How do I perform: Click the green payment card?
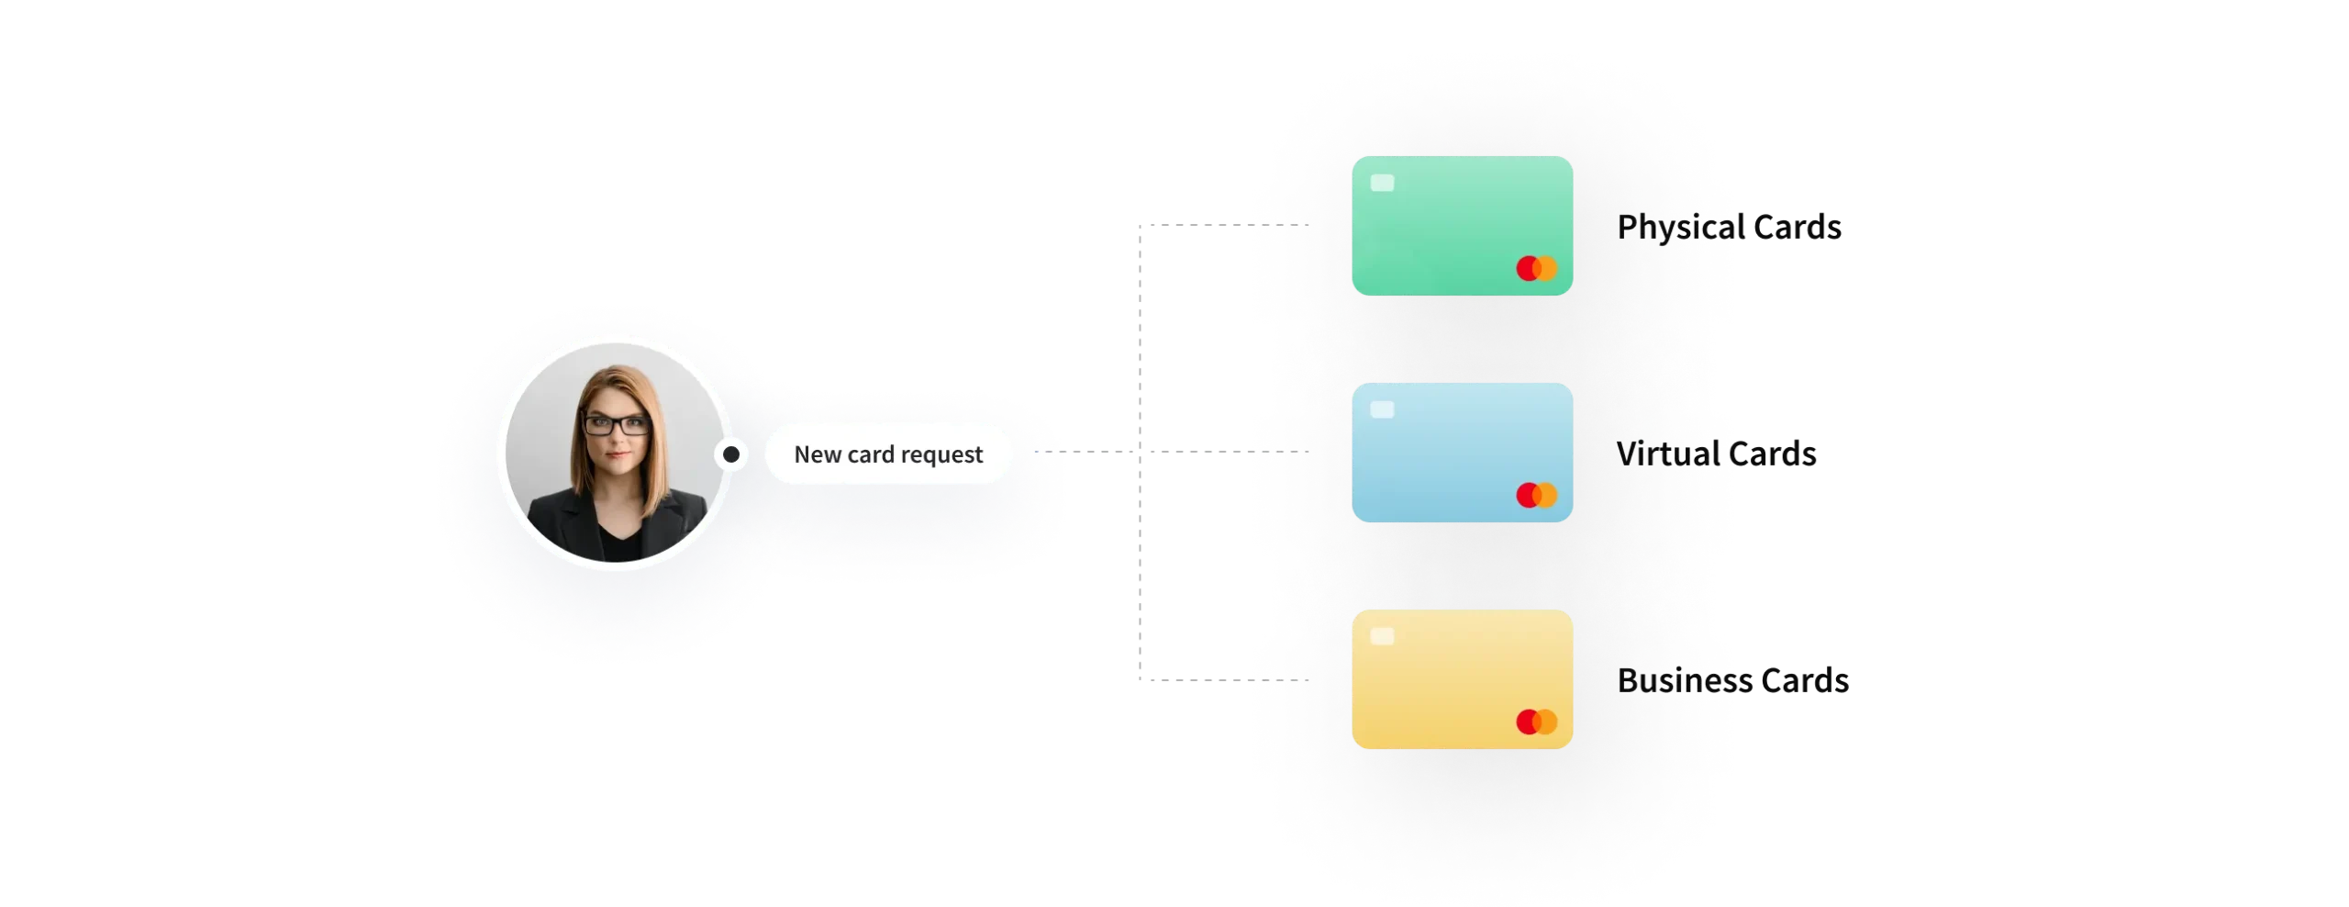pyautogui.click(x=1462, y=226)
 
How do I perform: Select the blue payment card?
pyautogui.click(x=1462, y=453)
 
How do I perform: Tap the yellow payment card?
pyautogui.click(x=1462, y=679)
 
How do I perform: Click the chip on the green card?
pyautogui.click(x=1382, y=183)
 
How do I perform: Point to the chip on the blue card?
pyautogui.click(x=1382, y=409)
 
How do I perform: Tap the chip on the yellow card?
pyautogui.click(x=1382, y=636)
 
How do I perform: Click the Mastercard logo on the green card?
pyautogui.click(x=1537, y=269)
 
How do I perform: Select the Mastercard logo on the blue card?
pyautogui.click(x=1537, y=496)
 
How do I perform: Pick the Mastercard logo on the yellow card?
pyautogui.click(x=1537, y=722)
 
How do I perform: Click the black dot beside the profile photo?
pyautogui.click(x=731, y=454)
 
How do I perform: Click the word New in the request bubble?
pyautogui.click(x=818, y=454)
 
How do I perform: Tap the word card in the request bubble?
pyautogui.click(x=871, y=454)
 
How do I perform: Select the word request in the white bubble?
pyautogui.click(x=941, y=455)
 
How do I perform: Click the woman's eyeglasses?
pyautogui.click(x=617, y=425)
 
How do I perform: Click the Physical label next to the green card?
pyautogui.click(x=1677, y=226)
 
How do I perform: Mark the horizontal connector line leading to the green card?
pyautogui.click(x=1193, y=223)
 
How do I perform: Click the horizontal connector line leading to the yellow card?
pyautogui.click(x=1193, y=679)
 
